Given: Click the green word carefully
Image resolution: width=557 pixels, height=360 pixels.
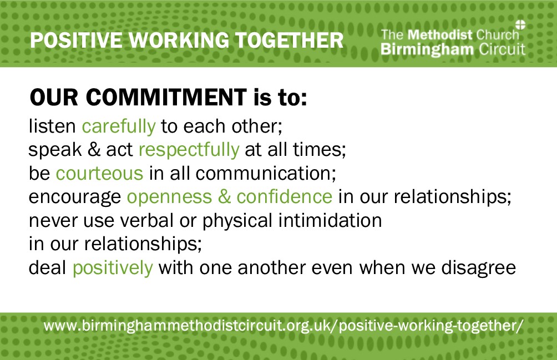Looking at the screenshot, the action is coord(119,126).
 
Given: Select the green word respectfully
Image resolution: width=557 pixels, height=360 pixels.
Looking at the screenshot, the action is coord(189,150).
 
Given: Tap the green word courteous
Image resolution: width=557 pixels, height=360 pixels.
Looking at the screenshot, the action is coord(99,173).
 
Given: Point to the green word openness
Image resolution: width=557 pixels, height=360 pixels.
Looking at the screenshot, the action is coord(169,197).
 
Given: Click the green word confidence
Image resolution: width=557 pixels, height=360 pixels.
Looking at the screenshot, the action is coord(285,196).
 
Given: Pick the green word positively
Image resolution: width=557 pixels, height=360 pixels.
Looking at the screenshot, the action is coord(113,268).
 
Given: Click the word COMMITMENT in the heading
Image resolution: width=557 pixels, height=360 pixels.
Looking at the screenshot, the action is coord(166,97).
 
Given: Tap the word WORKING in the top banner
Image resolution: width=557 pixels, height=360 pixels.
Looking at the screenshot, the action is coord(179,40).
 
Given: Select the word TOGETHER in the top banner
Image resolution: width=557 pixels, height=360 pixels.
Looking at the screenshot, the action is coord(290,40).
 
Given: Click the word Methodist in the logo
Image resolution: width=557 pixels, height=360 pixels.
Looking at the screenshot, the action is coord(440,35).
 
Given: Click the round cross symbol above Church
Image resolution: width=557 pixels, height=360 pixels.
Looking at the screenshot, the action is coord(520,24).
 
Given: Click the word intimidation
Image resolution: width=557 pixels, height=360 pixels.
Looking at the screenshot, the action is coord(330,220).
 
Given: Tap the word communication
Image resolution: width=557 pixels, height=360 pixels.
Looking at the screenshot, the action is coord(266,173).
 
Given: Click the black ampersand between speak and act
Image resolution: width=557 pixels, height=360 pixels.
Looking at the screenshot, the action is coord(94,149).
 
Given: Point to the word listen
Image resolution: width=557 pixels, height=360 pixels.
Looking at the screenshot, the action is coord(52,126).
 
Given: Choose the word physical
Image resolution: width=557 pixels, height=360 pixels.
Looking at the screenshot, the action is coord(237,221).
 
